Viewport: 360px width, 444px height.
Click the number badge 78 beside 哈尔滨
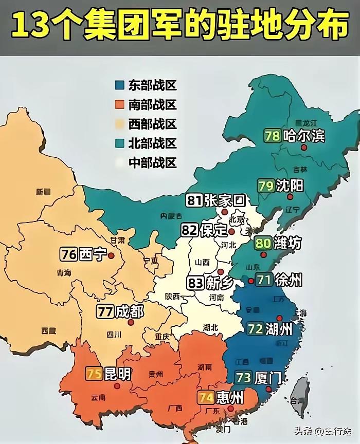point(272,136)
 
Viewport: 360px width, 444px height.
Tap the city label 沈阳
point(290,186)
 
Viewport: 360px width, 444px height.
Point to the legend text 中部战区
point(152,163)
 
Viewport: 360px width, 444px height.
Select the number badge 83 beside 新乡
point(194,282)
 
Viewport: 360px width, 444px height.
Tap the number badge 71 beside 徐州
point(264,281)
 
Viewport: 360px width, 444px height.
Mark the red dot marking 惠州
point(230,409)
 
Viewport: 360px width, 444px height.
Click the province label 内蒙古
point(171,215)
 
